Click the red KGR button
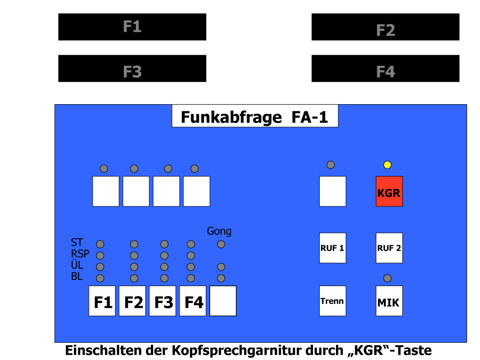(389, 192)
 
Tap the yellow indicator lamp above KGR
(387, 165)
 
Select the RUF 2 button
(389, 248)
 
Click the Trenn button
(333, 301)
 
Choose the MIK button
(389, 301)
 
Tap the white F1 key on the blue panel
(102, 301)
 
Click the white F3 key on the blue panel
(163, 301)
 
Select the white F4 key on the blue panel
(192, 301)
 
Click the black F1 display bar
(132, 27)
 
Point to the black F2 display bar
(385, 27)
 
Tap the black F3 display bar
(132, 69)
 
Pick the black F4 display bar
(385, 69)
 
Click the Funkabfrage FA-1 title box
(255, 116)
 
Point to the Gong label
(219, 231)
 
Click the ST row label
(77, 242)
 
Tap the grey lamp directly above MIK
(387, 278)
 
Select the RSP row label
(80, 254)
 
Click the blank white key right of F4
(223, 301)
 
